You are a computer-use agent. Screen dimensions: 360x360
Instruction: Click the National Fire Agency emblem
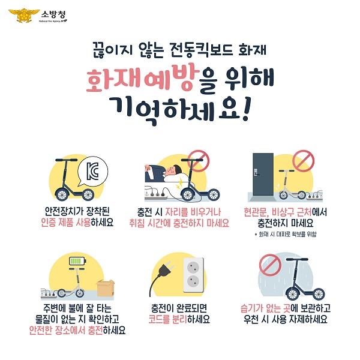click(x=25, y=14)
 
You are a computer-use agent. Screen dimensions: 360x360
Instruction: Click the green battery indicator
click(x=77, y=262)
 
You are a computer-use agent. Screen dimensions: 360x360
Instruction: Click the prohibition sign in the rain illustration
click(x=268, y=264)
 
